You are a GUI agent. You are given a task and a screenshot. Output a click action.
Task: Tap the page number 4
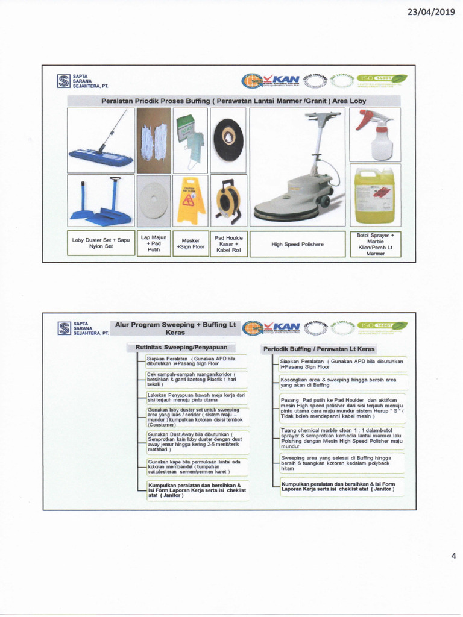point(453,556)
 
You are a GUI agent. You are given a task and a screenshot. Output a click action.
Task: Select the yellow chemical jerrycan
point(374,195)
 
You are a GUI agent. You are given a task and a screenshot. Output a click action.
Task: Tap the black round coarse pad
point(228,140)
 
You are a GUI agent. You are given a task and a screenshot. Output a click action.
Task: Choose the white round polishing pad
point(154,201)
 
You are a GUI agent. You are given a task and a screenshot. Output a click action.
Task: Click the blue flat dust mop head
point(101,158)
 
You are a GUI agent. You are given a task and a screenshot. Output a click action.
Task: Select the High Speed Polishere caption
point(297,244)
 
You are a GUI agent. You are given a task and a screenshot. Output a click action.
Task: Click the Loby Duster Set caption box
point(101,243)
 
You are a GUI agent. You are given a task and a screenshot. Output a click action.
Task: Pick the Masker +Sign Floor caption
point(191,243)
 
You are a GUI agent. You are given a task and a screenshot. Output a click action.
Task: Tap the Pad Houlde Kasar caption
point(228,243)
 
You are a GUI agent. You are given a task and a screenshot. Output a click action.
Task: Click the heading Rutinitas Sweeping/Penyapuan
point(181,348)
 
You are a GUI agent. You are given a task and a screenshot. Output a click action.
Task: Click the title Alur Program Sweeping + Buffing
point(175,328)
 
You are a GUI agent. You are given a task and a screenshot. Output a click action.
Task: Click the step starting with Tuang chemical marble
point(341,438)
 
